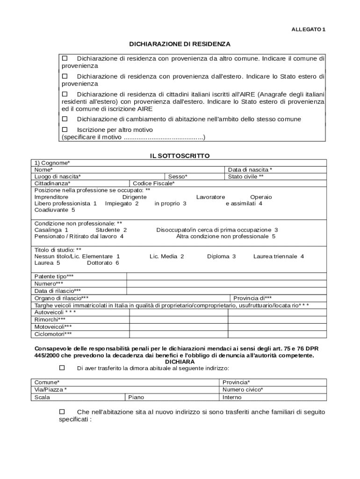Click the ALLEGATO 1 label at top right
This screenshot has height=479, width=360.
(308, 29)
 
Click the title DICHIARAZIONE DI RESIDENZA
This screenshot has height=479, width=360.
(180, 44)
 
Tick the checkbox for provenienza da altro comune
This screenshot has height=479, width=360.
(65, 58)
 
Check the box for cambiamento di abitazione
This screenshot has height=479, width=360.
(65, 119)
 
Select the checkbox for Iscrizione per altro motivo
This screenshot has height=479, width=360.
(65, 130)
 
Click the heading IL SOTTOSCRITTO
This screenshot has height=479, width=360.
(180, 156)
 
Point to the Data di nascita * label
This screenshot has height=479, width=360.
(250, 170)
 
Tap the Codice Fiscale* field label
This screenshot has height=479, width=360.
(154, 183)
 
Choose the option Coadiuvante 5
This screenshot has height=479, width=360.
(55, 210)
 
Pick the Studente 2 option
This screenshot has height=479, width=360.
(111, 230)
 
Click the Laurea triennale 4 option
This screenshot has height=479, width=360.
(279, 256)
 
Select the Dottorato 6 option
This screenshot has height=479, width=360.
(103, 263)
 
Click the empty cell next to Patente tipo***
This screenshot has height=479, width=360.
(226, 276)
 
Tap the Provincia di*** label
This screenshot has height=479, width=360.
(252, 298)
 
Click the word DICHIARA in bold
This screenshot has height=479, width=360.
(180, 362)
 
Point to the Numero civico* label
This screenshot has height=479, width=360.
(243, 390)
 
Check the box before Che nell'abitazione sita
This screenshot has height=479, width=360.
(62, 412)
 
